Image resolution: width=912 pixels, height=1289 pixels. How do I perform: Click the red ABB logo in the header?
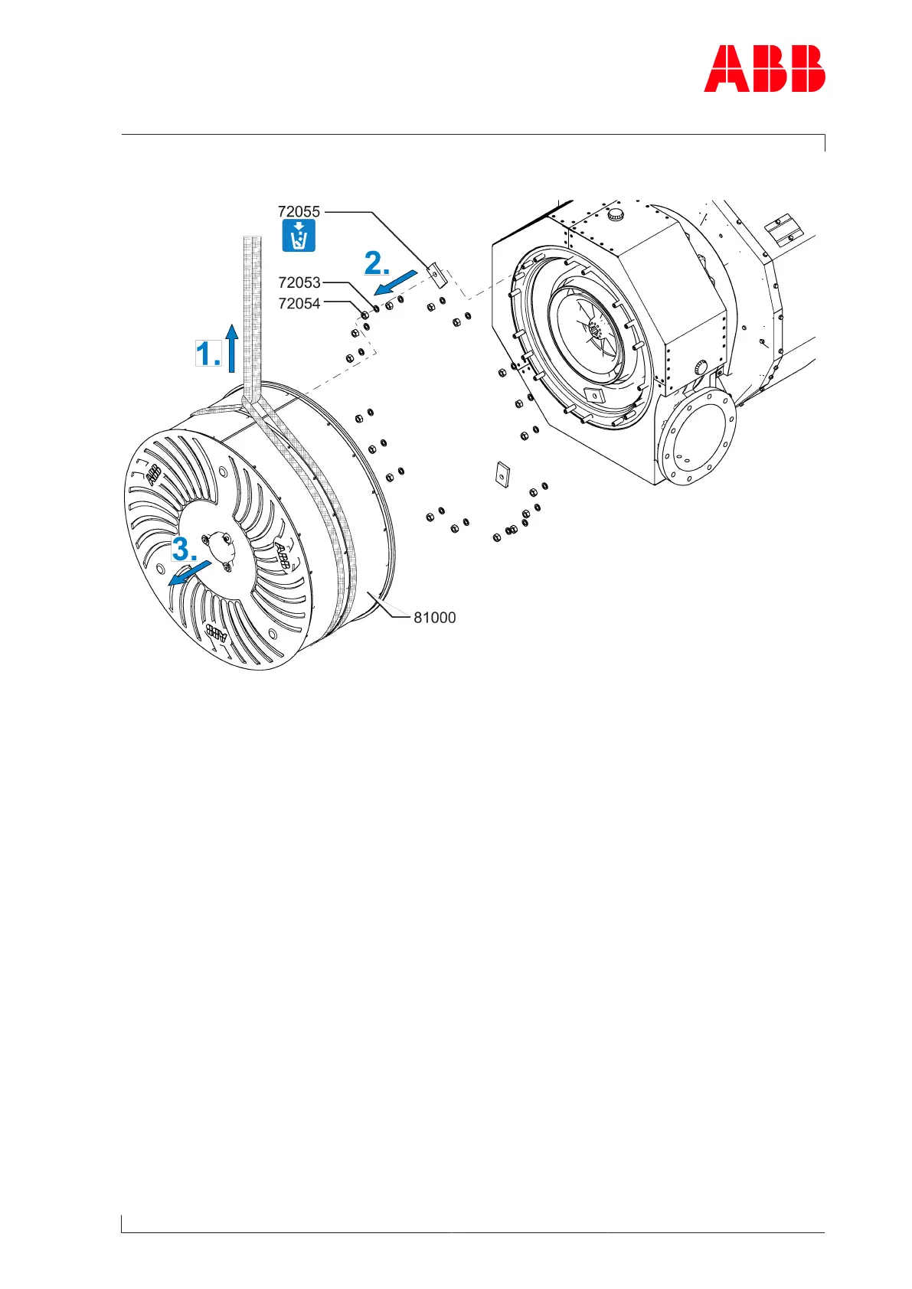click(764, 69)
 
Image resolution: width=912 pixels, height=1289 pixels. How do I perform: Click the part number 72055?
click(299, 211)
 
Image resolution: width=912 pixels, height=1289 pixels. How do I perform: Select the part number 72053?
click(299, 282)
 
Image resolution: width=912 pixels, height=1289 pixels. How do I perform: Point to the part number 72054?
click(299, 304)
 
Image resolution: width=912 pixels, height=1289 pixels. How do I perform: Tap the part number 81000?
click(434, 618)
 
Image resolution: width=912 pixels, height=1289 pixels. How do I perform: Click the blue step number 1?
click(208, 354)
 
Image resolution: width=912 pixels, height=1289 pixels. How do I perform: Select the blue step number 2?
click(377, 263)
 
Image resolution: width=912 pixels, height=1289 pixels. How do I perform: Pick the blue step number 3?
click(185, 548)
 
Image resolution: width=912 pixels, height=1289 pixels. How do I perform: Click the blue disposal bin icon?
click(299, 236)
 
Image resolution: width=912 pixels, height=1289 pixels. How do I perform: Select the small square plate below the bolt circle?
click(502, 474)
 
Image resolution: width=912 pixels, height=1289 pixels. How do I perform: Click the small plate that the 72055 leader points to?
click(435, 273)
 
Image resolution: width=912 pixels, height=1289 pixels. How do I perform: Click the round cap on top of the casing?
click(616, 215)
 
